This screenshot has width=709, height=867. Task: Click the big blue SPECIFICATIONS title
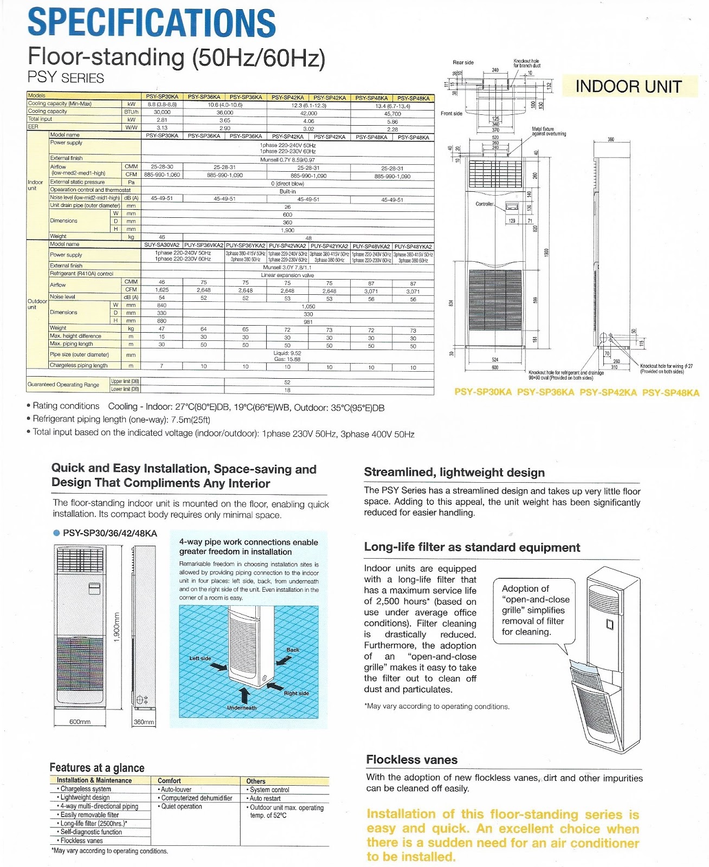[151, 23]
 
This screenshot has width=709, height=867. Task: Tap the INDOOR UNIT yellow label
[628, 87]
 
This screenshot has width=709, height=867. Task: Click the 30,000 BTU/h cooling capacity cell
[162, 112]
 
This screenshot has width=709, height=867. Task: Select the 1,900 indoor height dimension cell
[287, 230]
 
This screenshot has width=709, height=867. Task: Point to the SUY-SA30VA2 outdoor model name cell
[162, 245]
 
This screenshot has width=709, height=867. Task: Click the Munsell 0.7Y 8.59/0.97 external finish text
[287, 160]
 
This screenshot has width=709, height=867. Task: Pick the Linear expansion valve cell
[287, 275]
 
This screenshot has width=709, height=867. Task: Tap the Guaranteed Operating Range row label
[63, 385]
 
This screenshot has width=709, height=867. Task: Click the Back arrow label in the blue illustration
[293, 650]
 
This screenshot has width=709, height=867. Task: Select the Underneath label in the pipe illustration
[242, 708]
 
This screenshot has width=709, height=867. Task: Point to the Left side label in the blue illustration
[200, 658]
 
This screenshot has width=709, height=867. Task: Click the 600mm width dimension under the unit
[80, 722]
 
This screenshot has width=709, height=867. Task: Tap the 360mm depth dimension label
[144, 722]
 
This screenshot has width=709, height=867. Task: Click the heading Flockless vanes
[411, 760]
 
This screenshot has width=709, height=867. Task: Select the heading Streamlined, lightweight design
[454, 473]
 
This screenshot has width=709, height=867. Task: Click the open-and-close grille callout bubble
[534, 610]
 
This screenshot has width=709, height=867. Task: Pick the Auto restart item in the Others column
[265, 798]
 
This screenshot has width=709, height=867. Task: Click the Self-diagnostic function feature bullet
[91, 832]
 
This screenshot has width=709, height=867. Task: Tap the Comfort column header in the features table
[169, 781]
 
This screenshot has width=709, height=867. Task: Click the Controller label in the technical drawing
[484, 204]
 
